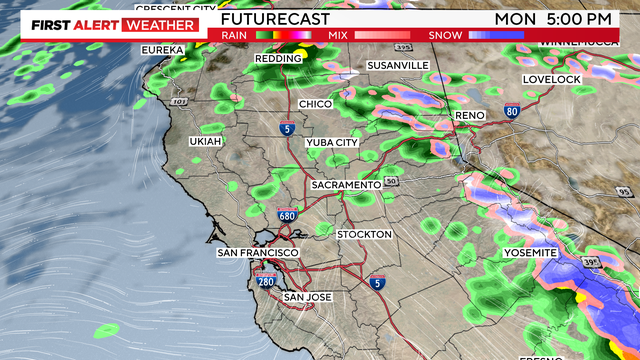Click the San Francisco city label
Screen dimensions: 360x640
pos(254,254)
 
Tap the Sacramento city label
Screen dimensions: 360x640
pos(346,186)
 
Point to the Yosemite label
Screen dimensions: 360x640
pos(530,253)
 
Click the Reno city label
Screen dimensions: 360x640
pos(469,116)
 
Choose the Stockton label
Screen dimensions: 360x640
pos(366,234)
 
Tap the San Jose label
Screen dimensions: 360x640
pos(307,297)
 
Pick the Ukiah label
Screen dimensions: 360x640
pos(205,142)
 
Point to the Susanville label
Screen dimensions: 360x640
pos(398,65)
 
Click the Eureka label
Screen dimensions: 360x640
pos(163,49)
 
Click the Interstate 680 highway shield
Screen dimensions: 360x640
pos(287,215)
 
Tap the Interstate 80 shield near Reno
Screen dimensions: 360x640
pos(512,112)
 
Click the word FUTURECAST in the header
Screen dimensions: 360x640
pos(265,19)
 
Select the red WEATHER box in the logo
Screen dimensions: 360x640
pos(159,24)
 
